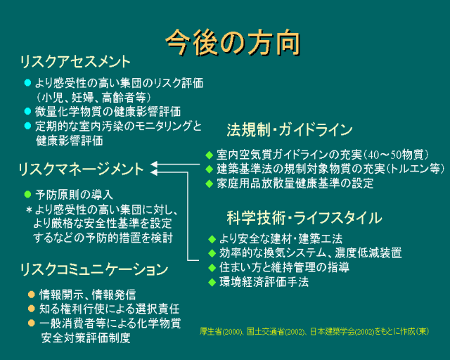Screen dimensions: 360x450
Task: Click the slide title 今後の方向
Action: tap(233, 41)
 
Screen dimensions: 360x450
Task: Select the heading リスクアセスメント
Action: tap(75, 60)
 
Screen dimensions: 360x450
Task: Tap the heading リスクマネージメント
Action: tap(81, 169)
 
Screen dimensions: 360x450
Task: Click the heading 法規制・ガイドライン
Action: tap(289, 130)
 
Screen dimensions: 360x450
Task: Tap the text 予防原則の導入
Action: tap(74, 194)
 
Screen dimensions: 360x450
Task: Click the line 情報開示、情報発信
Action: tap(87, 294)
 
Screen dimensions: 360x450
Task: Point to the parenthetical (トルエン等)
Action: tap(415, 169)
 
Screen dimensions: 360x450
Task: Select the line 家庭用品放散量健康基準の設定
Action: tap(295, 184)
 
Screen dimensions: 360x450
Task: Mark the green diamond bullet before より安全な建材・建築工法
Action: tap(212, 238)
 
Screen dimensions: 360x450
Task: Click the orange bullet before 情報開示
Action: tap(31, 294)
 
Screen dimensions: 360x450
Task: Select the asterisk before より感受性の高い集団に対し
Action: tap(29, 210)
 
